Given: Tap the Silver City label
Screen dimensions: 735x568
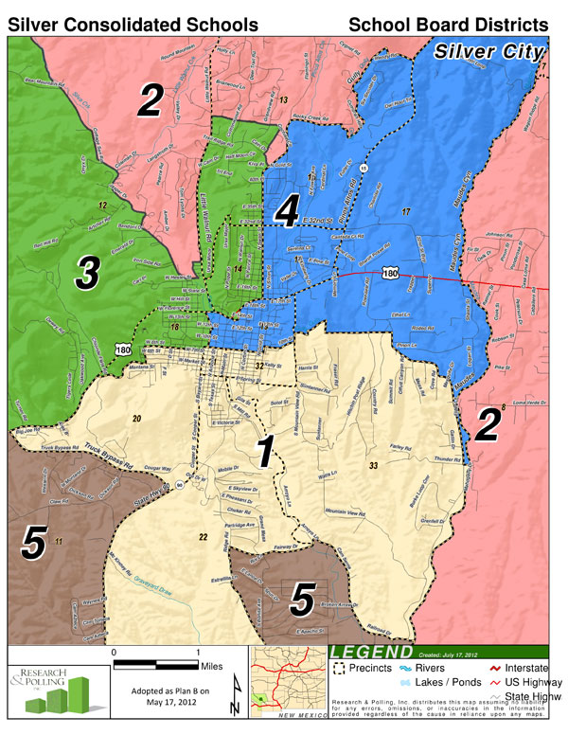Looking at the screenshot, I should click(489, 51).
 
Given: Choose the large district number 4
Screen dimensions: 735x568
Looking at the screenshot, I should click(287, 213).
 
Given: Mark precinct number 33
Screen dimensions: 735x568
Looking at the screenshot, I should click(373, 465).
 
